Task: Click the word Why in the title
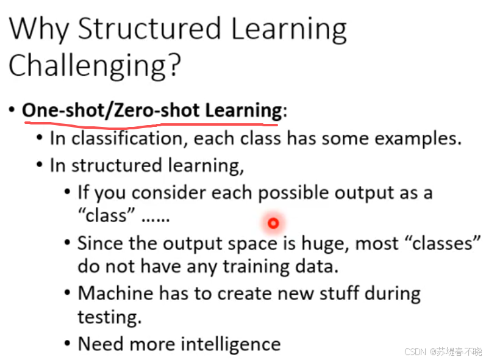click(x=39, y=29)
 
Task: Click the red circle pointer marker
click(x=273, y=223)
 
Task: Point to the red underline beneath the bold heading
click(x=151, y=125)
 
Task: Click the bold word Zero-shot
click(x=157, y=110)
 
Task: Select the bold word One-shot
click(x=63, y=110)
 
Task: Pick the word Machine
click(x=115, y=293)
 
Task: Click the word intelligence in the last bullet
click(x=230, y=345)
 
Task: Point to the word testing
click(x=109, y=317)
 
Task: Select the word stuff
click(x=339, y=293)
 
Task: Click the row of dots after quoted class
click(x=155, y=220)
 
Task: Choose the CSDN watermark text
click(x=443, y=351)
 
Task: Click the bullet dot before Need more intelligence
click(x=68, y=344)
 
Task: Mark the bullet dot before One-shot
click(x=12, y=109)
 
